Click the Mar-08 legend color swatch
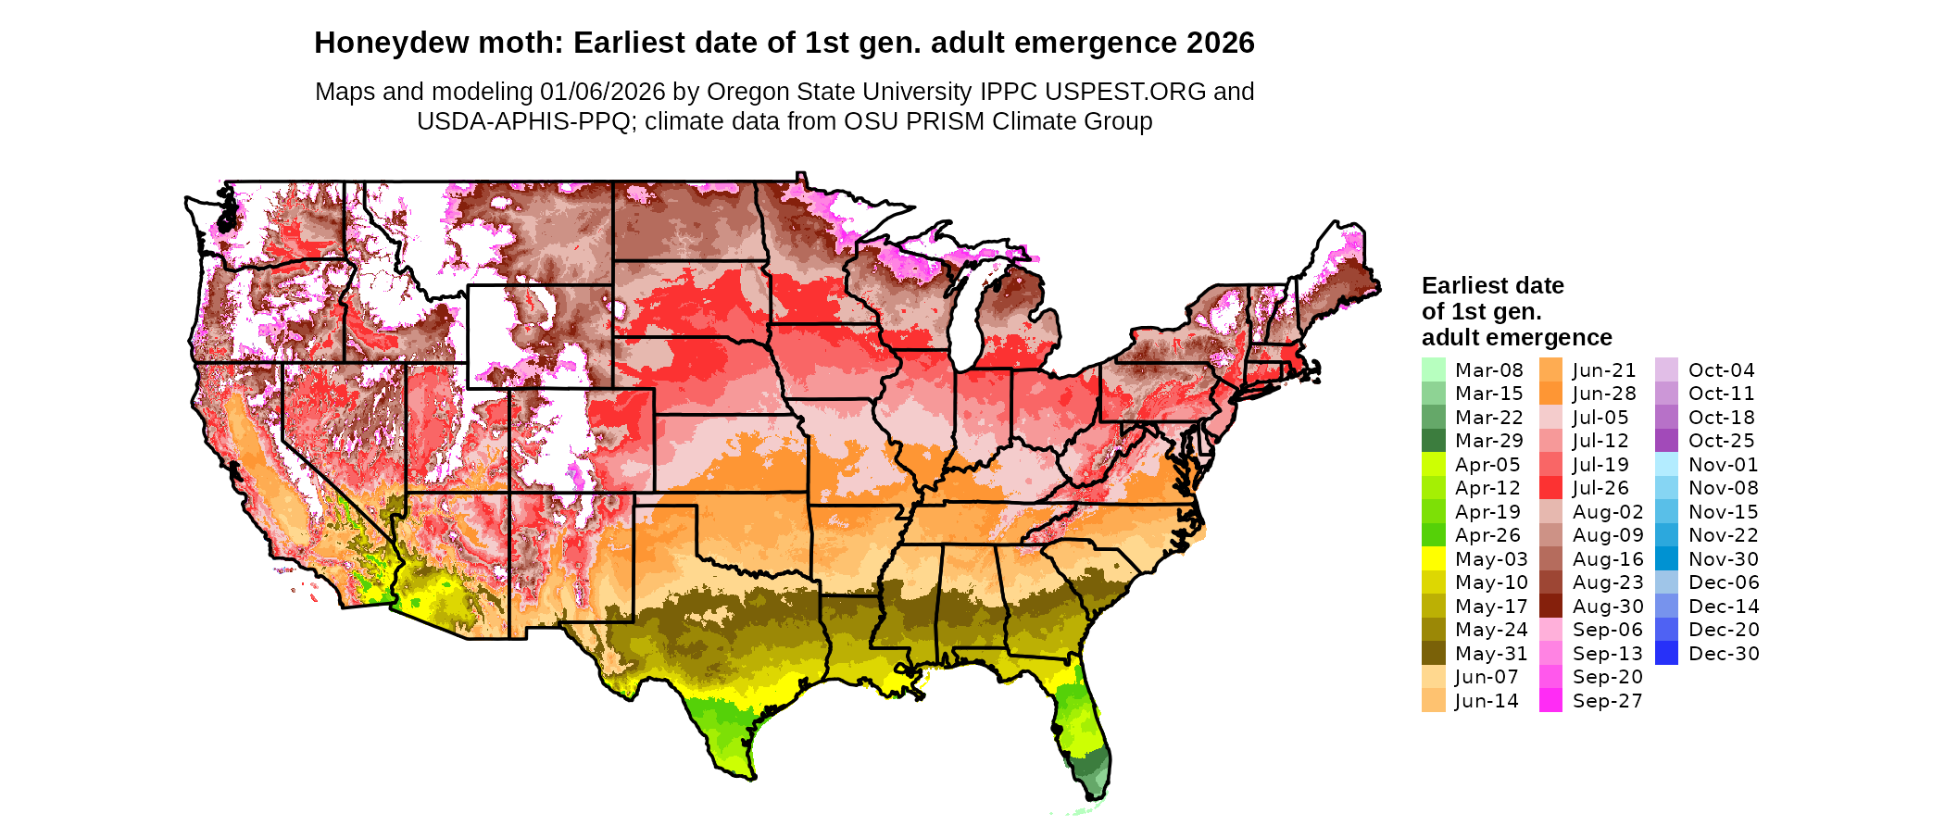click(x=1433, y=369)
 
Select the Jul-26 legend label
click(x=1600, y=488)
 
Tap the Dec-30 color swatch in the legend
click(x=1666, y=653)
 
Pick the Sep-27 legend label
click(x=1607, y=701)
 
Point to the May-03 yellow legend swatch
click(x=1433, y=558)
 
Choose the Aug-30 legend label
click(x=1608, y=607)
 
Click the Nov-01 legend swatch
click(x=1666, y=464)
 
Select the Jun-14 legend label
click(x=1487, y=701)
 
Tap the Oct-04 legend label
click(x=1721, y=370)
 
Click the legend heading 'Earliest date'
click(x=1492, y=285)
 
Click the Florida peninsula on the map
click(x=1084, y=732)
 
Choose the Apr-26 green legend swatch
click(x=1433, y=534)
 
